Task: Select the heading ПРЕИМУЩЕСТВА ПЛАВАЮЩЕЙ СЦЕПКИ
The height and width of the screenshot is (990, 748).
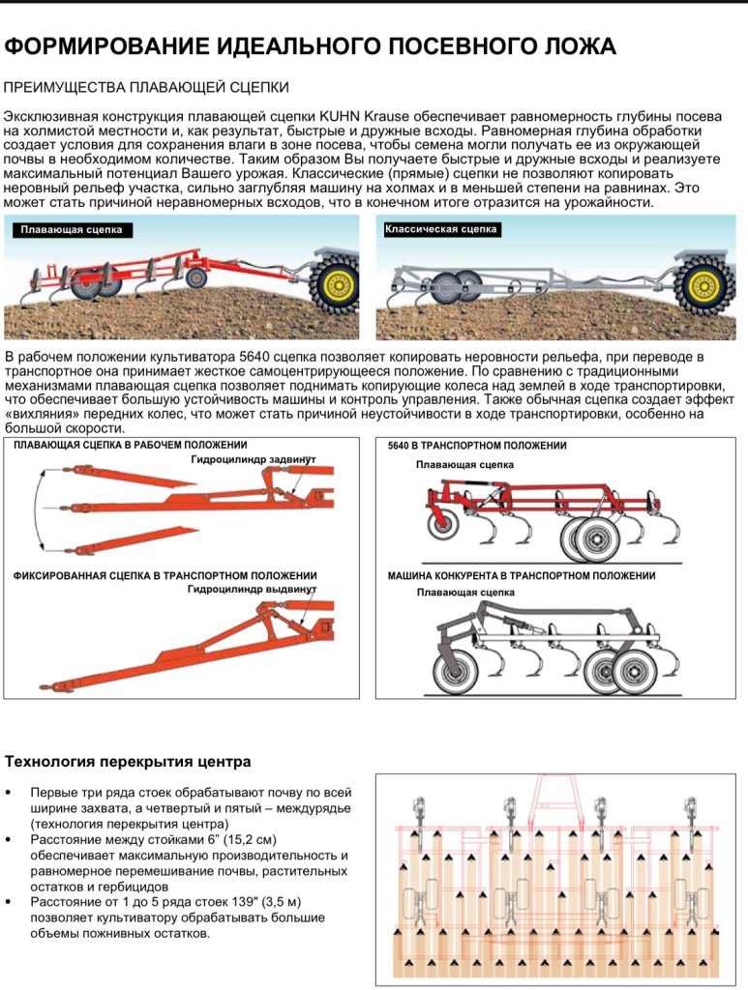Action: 146,88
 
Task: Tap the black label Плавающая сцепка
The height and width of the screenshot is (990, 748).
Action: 72,230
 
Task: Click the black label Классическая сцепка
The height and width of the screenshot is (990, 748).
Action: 440,229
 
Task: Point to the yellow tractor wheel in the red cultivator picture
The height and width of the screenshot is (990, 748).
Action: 336,284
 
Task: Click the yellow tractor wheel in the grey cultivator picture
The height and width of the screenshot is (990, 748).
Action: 703,285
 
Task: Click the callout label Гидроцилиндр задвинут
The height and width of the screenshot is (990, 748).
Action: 254,459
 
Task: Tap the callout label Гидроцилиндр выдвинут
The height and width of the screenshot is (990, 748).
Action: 253,588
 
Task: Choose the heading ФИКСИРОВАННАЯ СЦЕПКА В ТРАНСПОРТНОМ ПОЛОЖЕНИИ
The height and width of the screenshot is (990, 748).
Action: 165,575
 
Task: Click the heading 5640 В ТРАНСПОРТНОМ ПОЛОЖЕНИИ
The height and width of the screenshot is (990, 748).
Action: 477,446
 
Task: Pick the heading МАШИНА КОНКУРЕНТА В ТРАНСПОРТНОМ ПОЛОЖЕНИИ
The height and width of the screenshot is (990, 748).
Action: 521,575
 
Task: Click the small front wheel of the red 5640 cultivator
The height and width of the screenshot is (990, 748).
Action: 444,527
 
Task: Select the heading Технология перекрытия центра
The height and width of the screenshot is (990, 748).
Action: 128,761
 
